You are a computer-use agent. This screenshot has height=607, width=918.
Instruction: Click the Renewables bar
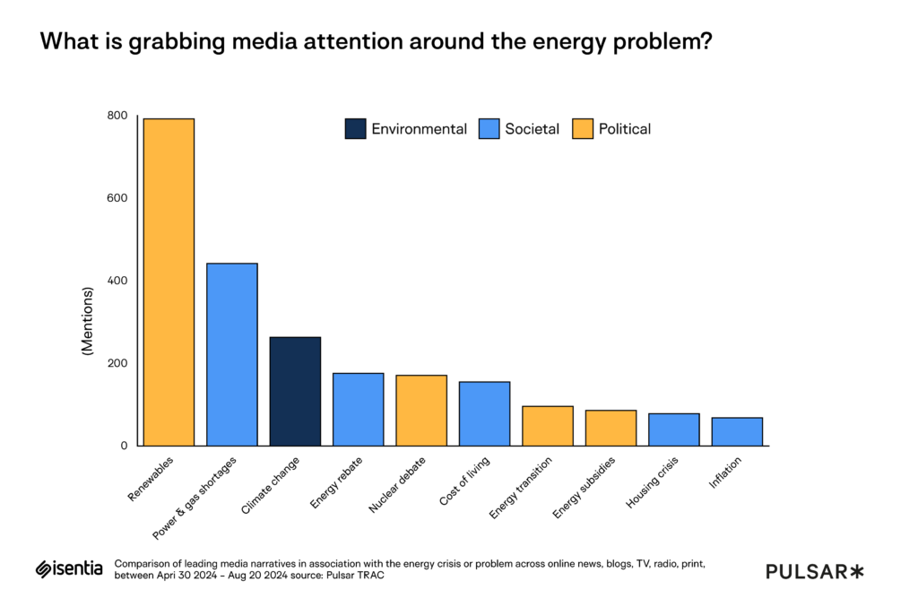169,282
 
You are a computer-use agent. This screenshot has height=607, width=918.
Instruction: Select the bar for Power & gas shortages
232,354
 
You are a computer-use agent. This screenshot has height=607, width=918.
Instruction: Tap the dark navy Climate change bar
295,391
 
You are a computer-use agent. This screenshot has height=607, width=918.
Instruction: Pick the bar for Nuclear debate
421,410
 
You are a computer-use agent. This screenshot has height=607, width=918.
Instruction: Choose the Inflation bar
737,431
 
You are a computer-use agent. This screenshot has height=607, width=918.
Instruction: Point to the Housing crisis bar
674,429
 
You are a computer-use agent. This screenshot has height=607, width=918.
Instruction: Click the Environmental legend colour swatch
355,129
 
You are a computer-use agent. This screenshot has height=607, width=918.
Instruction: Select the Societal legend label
532,129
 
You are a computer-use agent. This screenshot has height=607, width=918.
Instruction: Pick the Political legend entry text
625,129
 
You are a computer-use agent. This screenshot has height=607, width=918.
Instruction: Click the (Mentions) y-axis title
88,321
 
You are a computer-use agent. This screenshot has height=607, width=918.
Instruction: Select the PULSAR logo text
814,571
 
